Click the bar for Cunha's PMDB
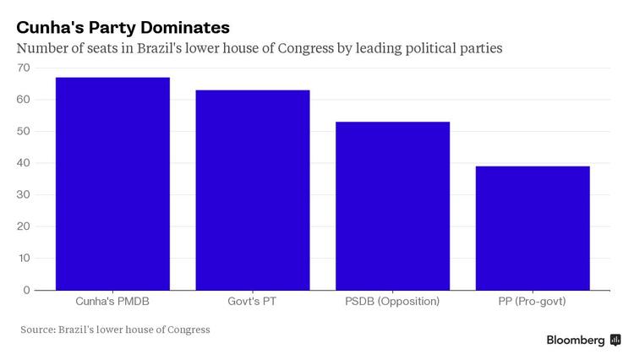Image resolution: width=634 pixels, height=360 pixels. coord(112,183)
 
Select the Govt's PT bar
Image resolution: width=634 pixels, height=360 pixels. coord(253,189)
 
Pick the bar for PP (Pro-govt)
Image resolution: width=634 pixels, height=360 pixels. coord(533,227)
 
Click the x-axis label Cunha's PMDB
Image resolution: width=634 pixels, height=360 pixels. coord(112,301)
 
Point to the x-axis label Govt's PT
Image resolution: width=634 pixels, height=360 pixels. coord(253,301)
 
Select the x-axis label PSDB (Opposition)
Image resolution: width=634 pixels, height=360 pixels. coord(392,301)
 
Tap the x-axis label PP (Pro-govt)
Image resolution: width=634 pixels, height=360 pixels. coord(533,301)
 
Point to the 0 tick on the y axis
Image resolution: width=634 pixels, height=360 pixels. coord(26,290)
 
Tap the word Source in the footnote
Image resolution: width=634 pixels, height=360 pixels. coord(37,330)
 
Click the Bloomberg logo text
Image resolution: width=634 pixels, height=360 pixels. coord(576,340)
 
